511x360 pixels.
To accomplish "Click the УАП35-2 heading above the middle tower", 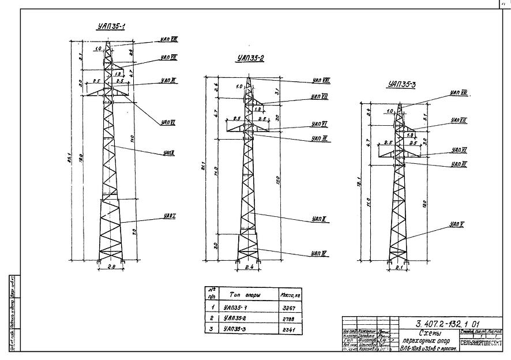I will click(x=250, y=58).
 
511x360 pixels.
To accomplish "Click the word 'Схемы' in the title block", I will click(x=430, y=334).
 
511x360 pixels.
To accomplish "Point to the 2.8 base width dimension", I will click(x=112, y=267).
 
